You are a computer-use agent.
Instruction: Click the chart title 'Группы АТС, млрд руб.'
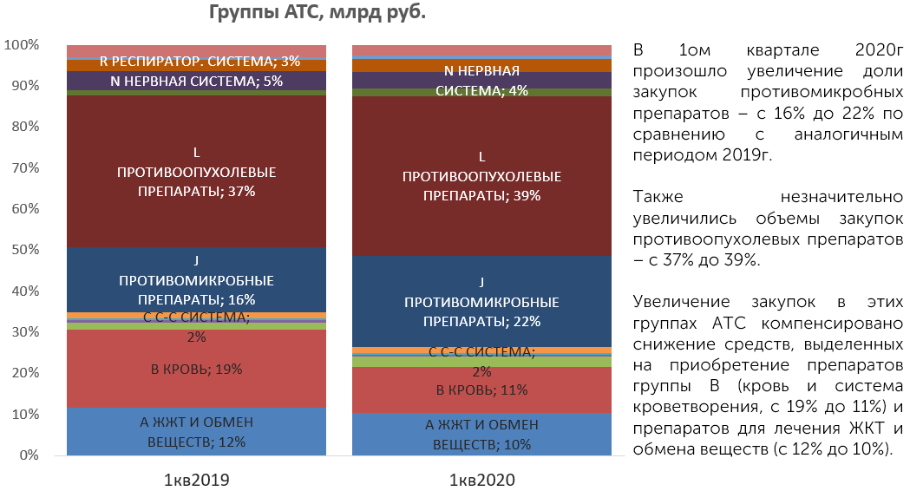pos(317,12)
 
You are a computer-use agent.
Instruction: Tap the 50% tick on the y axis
pos(24,250)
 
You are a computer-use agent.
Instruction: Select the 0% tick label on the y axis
pos(29,455)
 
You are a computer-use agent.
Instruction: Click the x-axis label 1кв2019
pos(196,481)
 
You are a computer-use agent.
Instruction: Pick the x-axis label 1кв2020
pos(482,481)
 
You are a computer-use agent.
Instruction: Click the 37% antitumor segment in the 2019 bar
pos(197,171)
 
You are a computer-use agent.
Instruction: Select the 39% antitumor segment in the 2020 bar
pos(482,176)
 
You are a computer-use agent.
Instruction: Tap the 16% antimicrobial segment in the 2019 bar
pos(197,279)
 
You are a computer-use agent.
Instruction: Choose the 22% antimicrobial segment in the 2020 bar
pos(482,301)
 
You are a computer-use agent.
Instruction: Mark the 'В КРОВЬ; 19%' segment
pos(197,369)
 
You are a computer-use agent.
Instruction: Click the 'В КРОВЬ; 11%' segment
pos(482,390)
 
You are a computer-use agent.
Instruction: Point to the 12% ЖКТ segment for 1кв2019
pos(197,431)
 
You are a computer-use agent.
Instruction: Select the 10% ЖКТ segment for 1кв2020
pos(482,434)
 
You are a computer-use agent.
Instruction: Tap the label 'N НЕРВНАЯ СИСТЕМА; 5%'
pos(197,82)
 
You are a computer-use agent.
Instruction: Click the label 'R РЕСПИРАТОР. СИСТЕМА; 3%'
pos(200,62)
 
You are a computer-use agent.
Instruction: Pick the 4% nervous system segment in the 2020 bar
pos(482,80)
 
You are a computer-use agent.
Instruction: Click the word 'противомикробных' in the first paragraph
pos(822,93)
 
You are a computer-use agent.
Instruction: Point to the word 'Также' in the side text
pos(658,197)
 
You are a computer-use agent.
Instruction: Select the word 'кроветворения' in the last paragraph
pos(697,408)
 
